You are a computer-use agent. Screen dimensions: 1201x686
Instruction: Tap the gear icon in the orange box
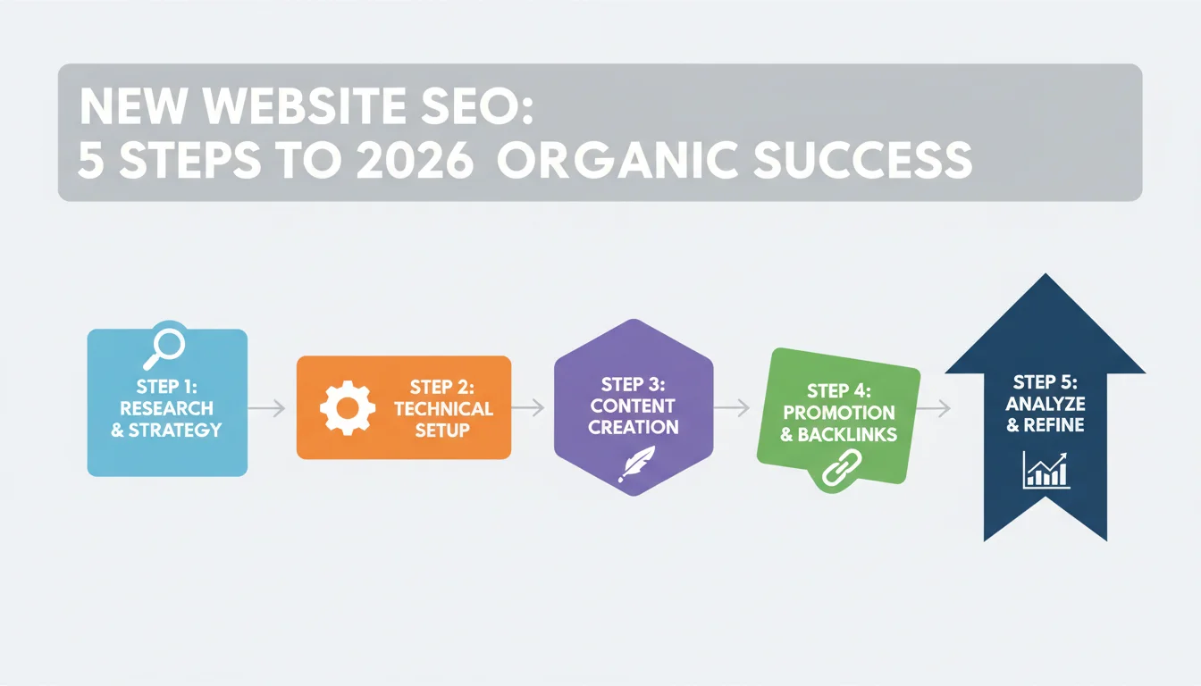pyautogui.click(x=348, y=408)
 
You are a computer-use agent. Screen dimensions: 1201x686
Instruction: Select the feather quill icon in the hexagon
pyautogui.click(x=636, y=464)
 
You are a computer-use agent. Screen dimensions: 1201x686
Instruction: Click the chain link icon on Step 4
pyautogui.click(x=842, y=468)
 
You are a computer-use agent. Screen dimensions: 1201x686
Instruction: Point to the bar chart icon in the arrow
pyautogui.click(x=1046, y=470)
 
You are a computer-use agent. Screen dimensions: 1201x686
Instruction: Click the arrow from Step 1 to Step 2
pyautogui.click(x=266, y=408)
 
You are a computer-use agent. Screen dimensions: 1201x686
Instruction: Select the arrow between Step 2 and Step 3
pyautogui.click(x=528, y=408)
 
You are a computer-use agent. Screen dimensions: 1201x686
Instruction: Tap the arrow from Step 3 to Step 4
pyautogui.click(x=731, y=408)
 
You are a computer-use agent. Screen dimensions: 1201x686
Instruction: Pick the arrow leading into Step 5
pyautogui.click(x=934, y=409)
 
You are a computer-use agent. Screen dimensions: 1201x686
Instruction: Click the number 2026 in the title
pyautogui.click(x=415, y=160)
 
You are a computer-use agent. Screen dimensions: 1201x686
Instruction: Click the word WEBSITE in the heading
pyautogui.click(x=305, y=105)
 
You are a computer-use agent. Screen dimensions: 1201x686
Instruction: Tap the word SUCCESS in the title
pyautogui.click(x=862, y=160)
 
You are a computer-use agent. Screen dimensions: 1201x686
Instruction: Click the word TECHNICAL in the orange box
pyautogui.click(x=443, y=409)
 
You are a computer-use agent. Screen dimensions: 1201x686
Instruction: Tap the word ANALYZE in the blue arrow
pyautogui.click(x=1045, y=404)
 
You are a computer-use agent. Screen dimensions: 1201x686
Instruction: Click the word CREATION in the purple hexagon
pyautogui.click(x=634, y=427)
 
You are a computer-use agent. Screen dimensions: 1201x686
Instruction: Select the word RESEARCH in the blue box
pyautogui.click(x=166, y=408)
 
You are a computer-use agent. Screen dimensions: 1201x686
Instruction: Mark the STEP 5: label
pyautogui.click(x=1045, y=382)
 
